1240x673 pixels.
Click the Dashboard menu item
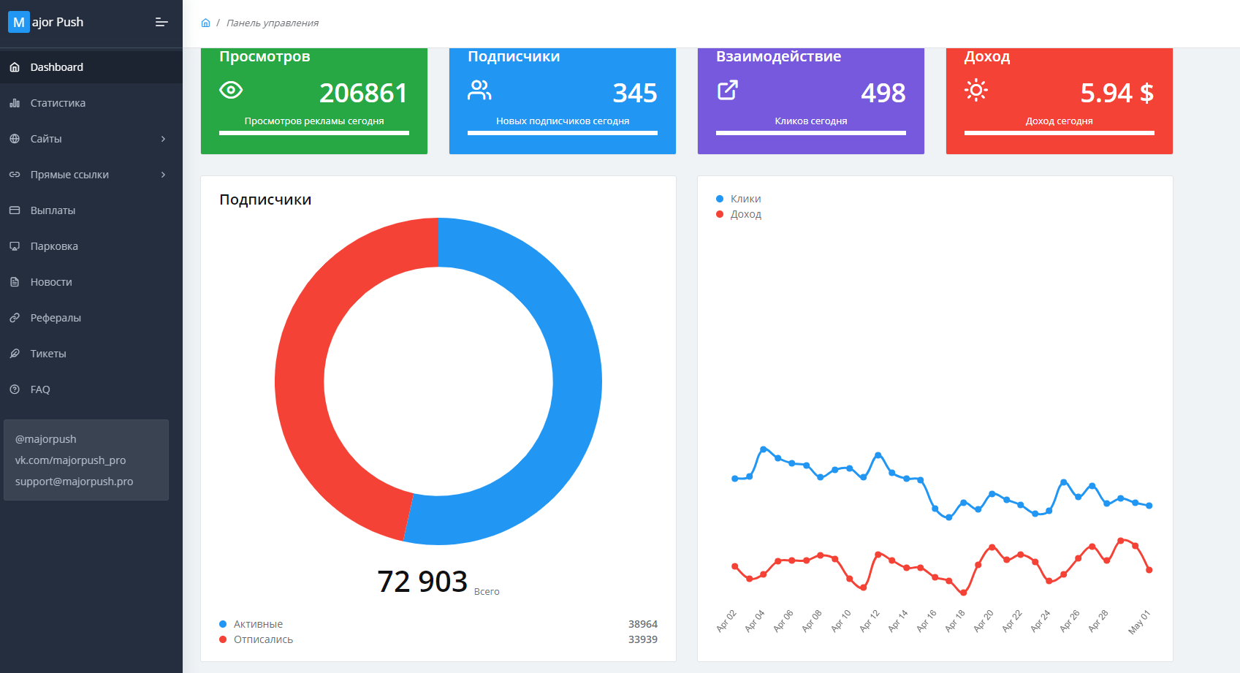56,67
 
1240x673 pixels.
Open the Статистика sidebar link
58,103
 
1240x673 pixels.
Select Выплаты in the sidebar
53,210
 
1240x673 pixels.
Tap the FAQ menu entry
40,389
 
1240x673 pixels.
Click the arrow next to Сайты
163,139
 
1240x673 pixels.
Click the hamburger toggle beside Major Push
161,23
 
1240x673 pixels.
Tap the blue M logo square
18,22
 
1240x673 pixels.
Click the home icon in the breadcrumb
205,23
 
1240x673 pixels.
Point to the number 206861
363,93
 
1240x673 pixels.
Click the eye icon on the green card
231,90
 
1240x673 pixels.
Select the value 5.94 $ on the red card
1117,93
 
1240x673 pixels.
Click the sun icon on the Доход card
976,90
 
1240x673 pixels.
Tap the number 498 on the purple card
883,93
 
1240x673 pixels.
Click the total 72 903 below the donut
422,582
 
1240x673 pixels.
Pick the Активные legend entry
258,624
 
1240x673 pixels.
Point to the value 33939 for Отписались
642,639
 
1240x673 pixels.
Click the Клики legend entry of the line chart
745,199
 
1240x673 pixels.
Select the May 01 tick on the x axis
1139,621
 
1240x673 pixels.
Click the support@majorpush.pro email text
74,482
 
